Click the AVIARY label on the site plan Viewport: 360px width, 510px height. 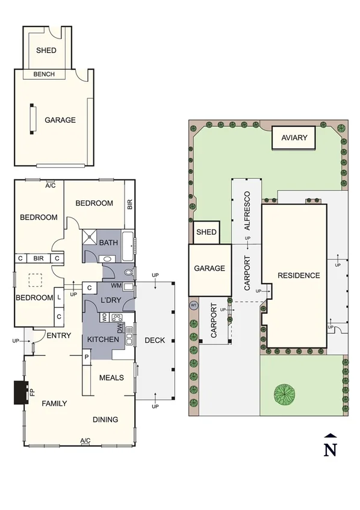tap(294, 138)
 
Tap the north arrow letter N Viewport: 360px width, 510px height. tap(329, 449)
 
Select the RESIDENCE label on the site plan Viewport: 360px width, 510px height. tap(299, 276)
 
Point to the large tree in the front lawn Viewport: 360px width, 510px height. tap(285, 394)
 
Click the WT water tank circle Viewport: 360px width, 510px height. tap(193, 305)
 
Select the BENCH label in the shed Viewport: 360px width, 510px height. tap(43, 75)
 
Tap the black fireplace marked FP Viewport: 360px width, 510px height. tap(19, 394)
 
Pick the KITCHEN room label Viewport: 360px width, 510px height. tap(103, 340)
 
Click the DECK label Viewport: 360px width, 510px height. tap(155, 340)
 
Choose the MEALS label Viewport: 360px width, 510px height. tap(111, 378)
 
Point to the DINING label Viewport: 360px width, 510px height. tap(105, 420)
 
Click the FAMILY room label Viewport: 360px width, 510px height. tap(54, 403)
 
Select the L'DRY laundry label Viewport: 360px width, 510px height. tap(111, 300)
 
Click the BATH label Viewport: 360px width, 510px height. tap(109, 243)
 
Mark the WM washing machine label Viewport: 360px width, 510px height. tap(117, 285)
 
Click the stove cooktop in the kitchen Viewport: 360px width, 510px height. tap(116, 317)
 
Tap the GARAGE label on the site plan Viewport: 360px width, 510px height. tap(209, 269)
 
